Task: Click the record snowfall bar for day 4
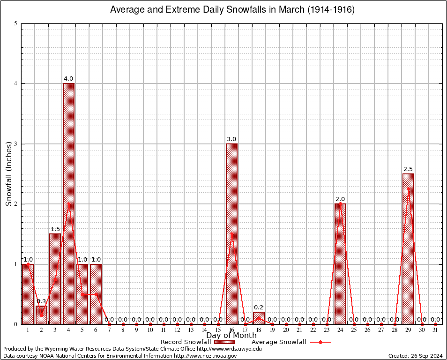coord(68,203)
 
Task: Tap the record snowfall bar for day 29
coord(408,248)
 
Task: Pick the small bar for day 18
coord(259,318)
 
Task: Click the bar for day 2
coord(41,315)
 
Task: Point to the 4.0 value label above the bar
coord(68,79)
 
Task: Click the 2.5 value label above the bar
coord(408,169)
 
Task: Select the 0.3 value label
coord(41,301)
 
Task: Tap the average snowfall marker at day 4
coord(68,204)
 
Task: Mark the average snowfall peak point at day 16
coord(231,234)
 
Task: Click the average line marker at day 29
coord(408,189)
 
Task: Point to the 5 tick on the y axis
coord(16,23)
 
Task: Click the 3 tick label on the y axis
coord(16,144)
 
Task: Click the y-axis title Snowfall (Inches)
coord(8,174)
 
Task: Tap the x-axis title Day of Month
coord(231,336)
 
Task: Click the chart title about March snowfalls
coord(232,10)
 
